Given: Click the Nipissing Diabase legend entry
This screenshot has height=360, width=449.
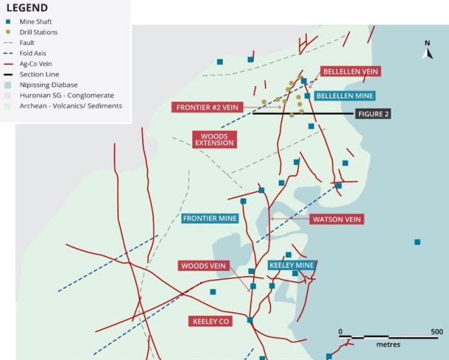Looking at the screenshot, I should point(53,85).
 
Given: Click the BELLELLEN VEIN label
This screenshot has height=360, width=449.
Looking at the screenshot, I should point(351,71).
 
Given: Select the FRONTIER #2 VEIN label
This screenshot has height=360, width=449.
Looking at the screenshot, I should point(207,107).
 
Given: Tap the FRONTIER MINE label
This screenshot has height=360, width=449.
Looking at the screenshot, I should point(210,219).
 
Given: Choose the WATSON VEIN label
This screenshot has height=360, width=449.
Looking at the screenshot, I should point(336,219).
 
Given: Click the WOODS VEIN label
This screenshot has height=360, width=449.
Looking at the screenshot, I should point(204,266).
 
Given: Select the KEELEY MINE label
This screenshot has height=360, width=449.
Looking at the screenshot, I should point(291,265).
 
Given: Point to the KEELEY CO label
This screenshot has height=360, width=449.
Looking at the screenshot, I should point(210,321).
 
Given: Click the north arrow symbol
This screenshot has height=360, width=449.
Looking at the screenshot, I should point(427,50).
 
